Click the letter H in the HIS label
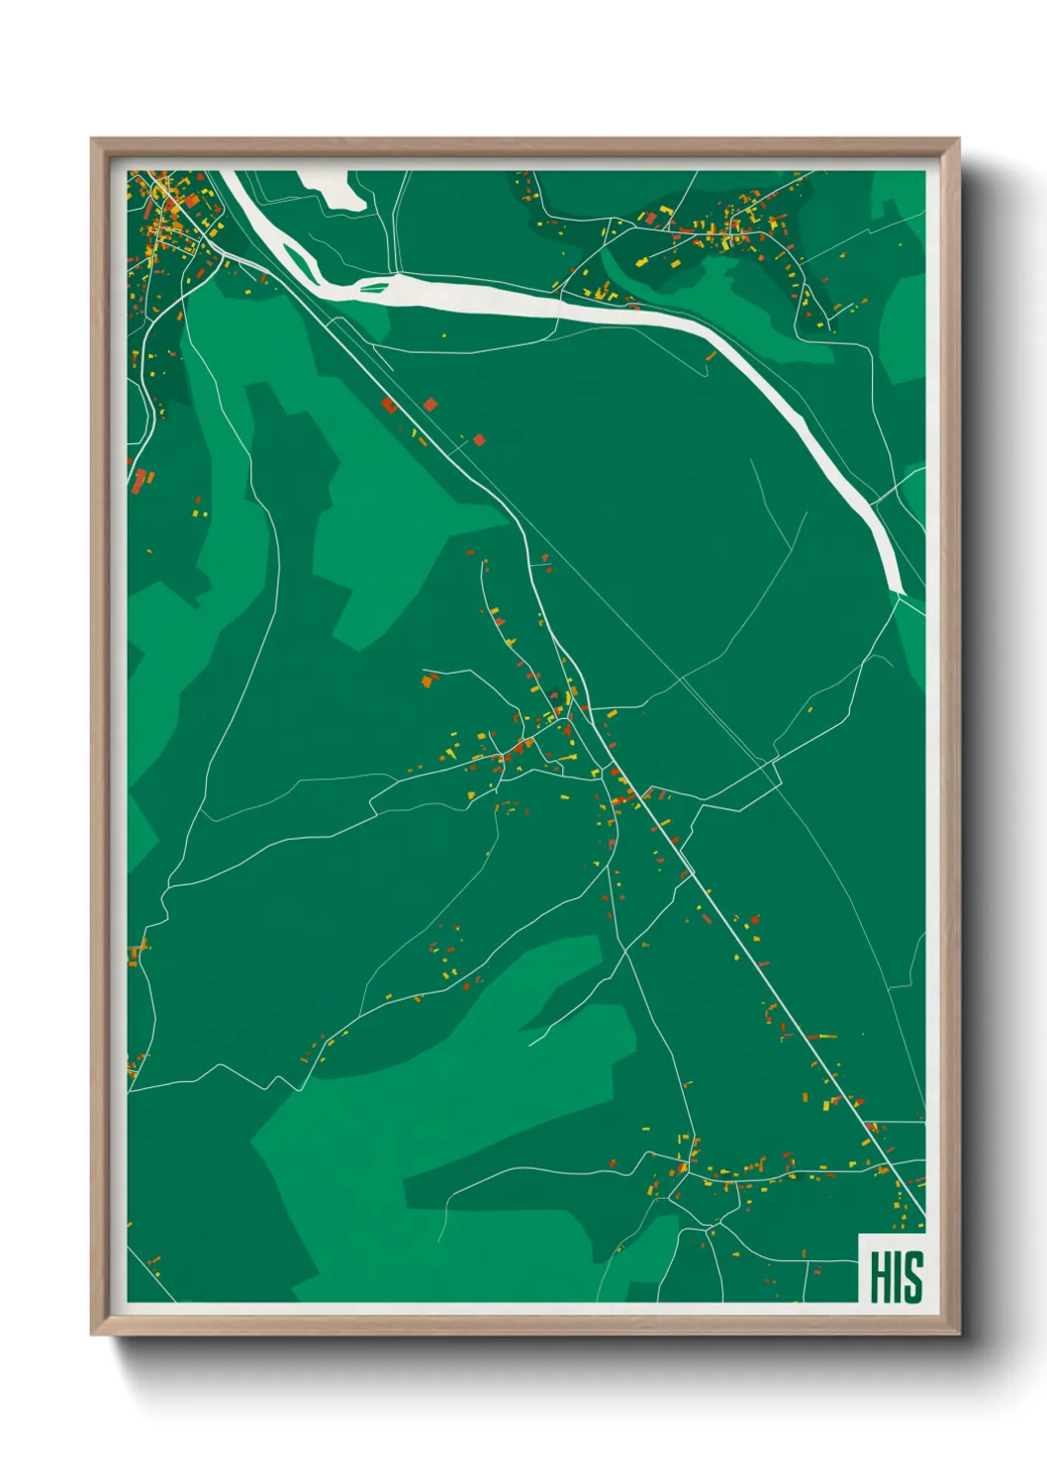tap(880, 1277)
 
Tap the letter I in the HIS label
tap(897, 1277)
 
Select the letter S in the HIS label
tap(912, 1277)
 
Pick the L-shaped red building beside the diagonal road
tap(389, 404)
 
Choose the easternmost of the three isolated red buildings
tap(480, 439)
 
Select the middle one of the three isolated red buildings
tap(430, 404)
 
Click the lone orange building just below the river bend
tap(710, 356)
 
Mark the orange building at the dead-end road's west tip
tap(428, 681)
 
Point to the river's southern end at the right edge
tap(899, 592)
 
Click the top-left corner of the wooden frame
tap(92, 139)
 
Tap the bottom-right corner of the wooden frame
tap(958, 1334)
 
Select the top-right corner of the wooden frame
tap(958, 139)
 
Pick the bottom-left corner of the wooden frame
tap(92, 1334)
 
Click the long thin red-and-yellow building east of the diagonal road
tap(823, 1036)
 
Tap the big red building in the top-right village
tap(651, 218)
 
